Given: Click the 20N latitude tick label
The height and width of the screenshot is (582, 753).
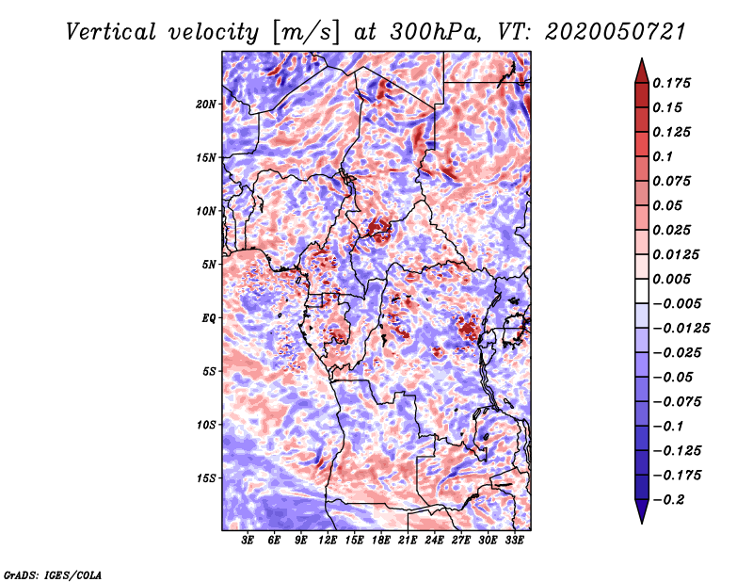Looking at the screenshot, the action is (206, 105).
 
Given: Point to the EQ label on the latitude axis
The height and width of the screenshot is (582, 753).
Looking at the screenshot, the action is (209, 318).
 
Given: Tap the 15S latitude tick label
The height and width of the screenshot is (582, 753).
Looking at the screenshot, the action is (206, 478).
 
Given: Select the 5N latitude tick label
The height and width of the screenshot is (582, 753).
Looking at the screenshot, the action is (209, 265).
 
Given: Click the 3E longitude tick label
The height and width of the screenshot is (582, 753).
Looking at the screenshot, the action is (248, 541).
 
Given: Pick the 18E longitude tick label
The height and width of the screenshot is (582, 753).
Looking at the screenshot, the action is (381, 541).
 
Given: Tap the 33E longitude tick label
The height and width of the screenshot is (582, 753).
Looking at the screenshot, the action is (514, 541).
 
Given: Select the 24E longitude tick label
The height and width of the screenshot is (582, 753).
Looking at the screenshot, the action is (434, 541).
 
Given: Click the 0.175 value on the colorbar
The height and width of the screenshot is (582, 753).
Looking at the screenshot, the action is (672, 83).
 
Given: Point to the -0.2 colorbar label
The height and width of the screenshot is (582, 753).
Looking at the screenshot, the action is (668, 500).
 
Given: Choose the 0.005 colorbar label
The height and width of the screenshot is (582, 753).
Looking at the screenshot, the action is (672, 279).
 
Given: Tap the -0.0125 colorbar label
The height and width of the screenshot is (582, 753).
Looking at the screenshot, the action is (681, 329).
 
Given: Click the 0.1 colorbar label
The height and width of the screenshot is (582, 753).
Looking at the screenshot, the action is (663, 156).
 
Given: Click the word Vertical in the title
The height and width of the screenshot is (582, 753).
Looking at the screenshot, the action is (111, 32).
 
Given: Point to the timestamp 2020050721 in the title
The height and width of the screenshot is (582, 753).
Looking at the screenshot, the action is (616, 32).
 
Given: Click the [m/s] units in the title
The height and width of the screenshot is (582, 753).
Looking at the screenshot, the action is (306, 33).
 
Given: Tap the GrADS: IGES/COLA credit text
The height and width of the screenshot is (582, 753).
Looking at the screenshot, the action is (53, 575).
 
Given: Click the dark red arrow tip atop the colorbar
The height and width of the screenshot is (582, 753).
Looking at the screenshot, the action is (642, 71).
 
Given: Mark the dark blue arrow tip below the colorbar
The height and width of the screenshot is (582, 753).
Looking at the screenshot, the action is (642, 511).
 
